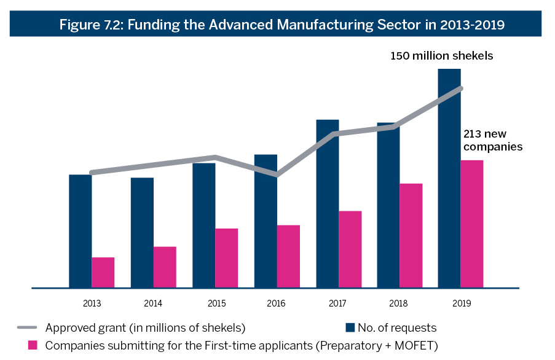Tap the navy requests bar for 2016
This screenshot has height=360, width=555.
tap(266, 233)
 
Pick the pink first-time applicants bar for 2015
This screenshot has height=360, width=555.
tap(227, 258)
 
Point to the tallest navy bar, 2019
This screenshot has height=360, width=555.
tap(449, 184)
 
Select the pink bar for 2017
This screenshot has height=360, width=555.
tap(350, 249)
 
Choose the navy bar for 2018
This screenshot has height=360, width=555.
tap(388, 209)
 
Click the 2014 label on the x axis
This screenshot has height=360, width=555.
tap(153, 303)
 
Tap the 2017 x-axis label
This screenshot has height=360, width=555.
tap(339, 303)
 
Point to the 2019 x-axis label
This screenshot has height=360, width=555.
tap(461, 303)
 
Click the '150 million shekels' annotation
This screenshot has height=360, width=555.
tap(442, 56)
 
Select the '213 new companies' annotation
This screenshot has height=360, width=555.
tap(493, 141)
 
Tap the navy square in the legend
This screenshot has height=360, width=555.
tap(350, 327)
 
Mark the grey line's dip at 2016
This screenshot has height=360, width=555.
tap(277, 175)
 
